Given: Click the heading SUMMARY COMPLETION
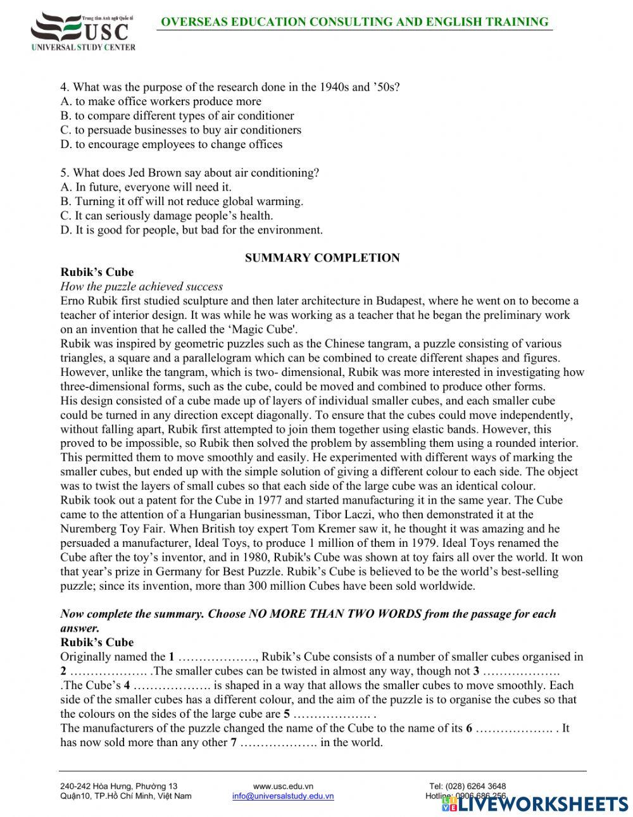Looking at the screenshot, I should tap(322, 258).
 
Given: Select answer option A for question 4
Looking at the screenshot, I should tap(161, 101).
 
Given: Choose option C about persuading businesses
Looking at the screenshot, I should tap(180, 130).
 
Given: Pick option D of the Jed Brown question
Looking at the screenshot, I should tap(191, 230).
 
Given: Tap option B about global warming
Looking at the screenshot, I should tap(182, 201).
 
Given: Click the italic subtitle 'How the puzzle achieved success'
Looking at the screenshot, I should tap(142, 286).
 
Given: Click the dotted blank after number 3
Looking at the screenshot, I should tap(520, 671).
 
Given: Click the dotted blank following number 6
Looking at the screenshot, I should tap(514, 728).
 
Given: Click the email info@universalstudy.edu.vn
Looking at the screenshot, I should tap(283, 796).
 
